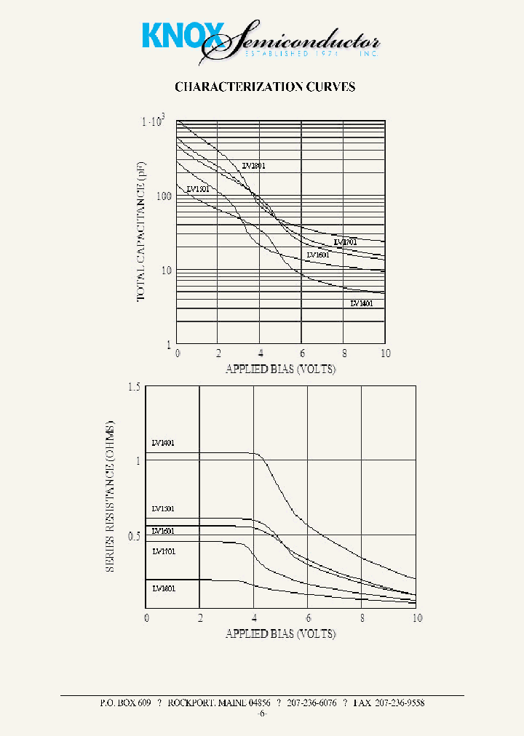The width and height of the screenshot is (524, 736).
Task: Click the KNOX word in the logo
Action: point(173,36)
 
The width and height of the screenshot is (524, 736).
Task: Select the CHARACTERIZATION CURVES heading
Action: point(265,87)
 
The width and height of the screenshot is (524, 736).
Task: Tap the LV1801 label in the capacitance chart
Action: point(253,166)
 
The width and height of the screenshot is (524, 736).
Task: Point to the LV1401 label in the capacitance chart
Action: point(362,303)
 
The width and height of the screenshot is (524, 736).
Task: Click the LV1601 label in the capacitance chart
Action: point(318,255)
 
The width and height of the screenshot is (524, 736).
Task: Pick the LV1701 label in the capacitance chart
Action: point(345,241)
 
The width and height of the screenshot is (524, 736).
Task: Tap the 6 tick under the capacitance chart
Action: point(302,353)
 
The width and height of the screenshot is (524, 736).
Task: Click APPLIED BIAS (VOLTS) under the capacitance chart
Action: point(281,369)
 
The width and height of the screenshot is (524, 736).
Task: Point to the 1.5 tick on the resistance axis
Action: point(133,386)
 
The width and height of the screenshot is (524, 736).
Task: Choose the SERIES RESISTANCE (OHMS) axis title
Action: point(111,495)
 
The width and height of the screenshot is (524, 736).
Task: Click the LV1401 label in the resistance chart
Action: point(163,443)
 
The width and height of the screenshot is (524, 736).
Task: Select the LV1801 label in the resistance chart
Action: point(164,588)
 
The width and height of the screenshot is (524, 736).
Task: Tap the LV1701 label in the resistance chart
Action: point(164,551)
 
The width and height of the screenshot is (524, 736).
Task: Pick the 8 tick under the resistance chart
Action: point(362,618)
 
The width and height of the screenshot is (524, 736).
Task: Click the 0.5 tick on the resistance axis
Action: point(133,536)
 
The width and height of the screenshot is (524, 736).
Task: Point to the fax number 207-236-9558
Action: point(394,703)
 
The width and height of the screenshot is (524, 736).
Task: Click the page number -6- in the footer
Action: point(262,714)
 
